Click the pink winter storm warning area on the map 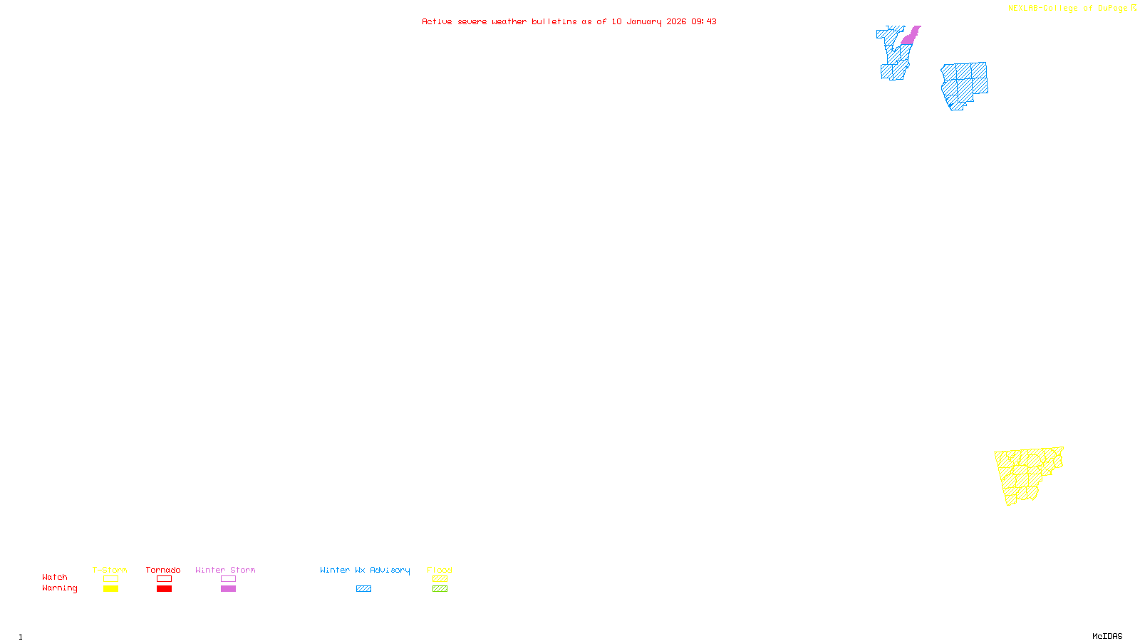tap(909, 36)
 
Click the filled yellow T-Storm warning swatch tap(110, 589)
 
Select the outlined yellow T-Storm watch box tap(110, 579)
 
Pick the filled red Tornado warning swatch tap(164, 589)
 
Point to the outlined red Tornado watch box tap(164, 579)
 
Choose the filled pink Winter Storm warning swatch tap(228, 589)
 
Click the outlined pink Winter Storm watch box tap(228, 579)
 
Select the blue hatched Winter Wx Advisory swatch tap(363, 589)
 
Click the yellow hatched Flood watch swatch tap(440, 579)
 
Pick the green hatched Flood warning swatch tap(440, 589)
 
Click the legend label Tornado tap(163, 570)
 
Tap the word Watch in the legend tap(55, 577)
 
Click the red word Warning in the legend tap(60, 588)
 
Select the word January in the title tap(644, 21)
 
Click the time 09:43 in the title tap(704, 21)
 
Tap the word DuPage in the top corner tap(1112, 8)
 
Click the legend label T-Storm tap(110, 570)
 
